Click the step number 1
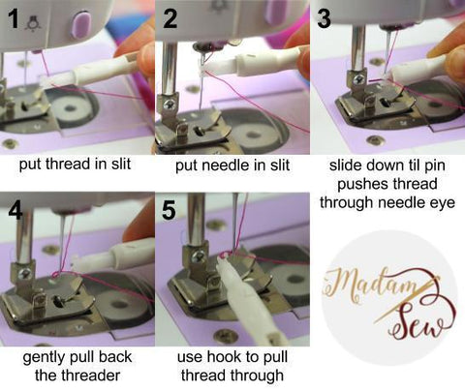tap(13, 17)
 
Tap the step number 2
tap(170, 17)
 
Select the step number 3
tap(324, 17)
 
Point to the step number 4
tap(14, 210)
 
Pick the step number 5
tap(170, 210)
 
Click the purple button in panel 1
tap(80, 21)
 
